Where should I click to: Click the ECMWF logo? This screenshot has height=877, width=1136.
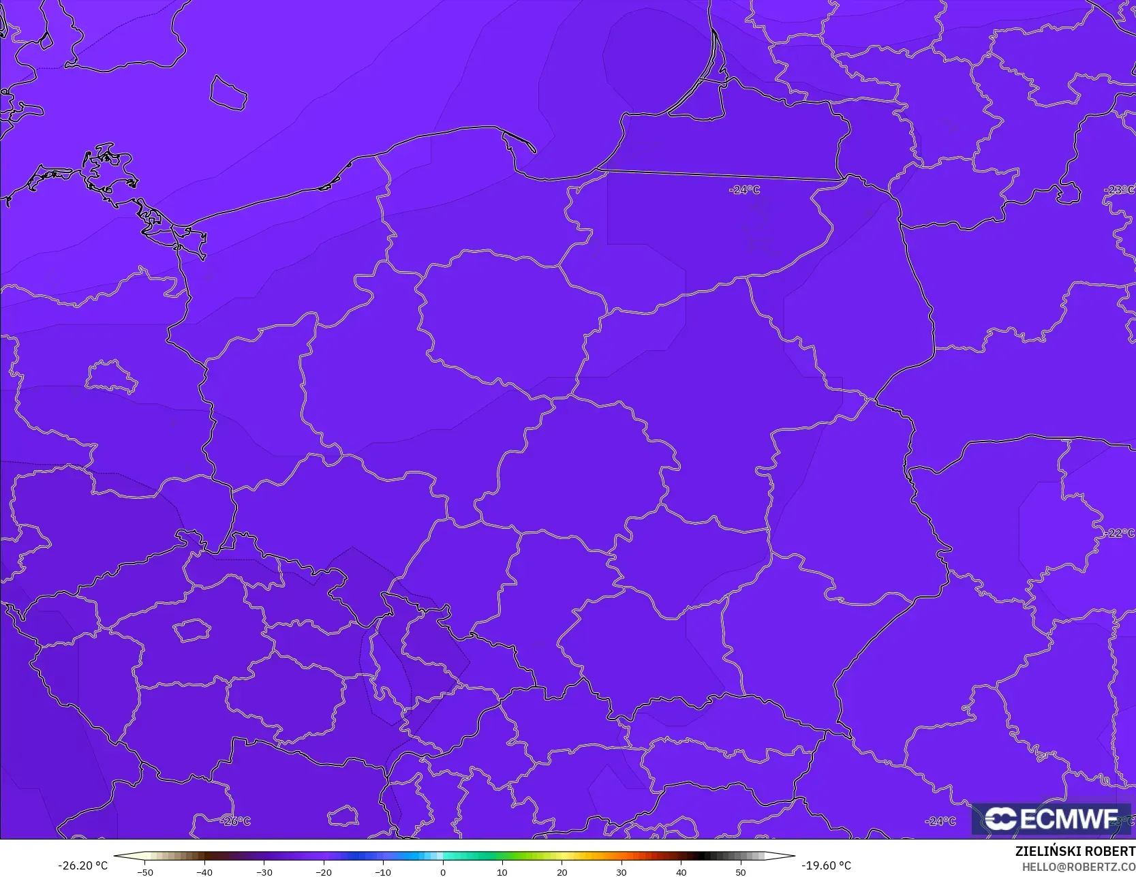pos(1051,818)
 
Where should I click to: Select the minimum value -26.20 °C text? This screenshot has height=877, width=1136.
pos(82,865)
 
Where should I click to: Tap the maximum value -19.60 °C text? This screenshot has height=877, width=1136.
pos(826,865)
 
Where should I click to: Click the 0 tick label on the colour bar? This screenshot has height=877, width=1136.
pos(442,872)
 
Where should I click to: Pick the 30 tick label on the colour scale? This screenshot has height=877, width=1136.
pos(621,872)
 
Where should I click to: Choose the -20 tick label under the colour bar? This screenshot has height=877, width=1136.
pos(324,872)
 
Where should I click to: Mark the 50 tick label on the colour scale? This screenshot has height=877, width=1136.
pos(740,872)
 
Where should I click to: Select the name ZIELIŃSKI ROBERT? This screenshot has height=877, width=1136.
pos(1075,851)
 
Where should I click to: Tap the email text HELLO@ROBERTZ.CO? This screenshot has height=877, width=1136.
pos(1078,866)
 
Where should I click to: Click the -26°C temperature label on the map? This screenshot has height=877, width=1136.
pos(236,821)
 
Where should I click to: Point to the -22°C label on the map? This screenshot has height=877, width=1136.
pos(1118,533)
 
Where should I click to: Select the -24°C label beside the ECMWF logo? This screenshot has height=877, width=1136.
pos(940,821)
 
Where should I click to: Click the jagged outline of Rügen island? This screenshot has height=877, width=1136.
pos(109,170)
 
